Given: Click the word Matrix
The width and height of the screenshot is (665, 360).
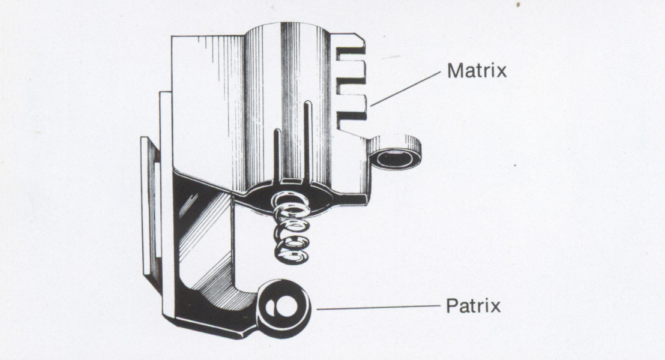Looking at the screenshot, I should point(477,71).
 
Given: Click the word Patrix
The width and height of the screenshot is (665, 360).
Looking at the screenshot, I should point(473,306).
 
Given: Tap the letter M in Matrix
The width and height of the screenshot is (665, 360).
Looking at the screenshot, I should point(454,71).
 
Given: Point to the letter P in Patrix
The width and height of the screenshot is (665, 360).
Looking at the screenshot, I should point(451,306).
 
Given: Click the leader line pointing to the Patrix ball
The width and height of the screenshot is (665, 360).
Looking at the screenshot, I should point(378,308).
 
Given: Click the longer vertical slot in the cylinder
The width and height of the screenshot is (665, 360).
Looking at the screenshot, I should point(307,138).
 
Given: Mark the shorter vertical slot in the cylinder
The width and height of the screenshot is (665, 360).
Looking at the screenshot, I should point(277,153).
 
